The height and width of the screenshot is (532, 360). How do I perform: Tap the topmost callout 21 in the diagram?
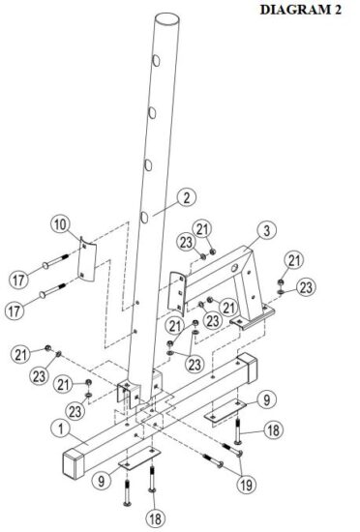pos(203,227)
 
